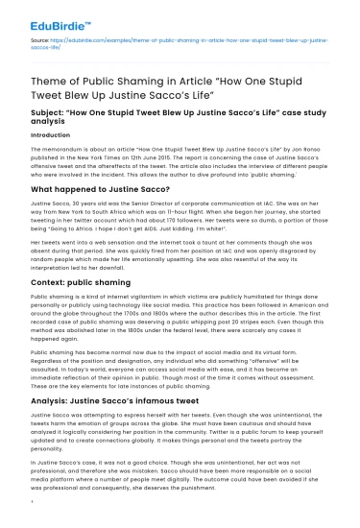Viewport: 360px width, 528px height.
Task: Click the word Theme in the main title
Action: (48, 84)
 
